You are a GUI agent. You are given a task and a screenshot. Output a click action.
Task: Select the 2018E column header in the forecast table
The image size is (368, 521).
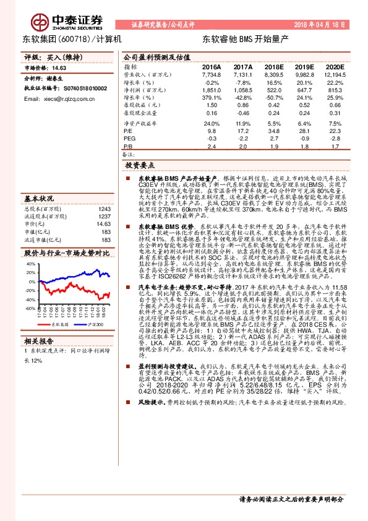click(x=274, y=66)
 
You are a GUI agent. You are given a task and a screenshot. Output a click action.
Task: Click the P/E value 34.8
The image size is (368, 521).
click(x=274, y=131)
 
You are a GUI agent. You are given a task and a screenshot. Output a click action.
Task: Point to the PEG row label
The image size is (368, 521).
click(x=129, y=139)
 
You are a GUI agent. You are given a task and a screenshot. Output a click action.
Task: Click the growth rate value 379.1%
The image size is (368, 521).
click(x=211, y=98)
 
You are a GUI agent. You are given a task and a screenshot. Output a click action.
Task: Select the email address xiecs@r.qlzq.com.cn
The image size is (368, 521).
click(x=62, y=99)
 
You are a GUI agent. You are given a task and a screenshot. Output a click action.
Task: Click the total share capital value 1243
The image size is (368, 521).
click(x=104, y=209)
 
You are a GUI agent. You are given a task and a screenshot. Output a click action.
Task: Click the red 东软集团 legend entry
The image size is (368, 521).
click(x=57, y=324)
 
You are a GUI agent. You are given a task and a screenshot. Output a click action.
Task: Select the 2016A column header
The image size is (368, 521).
click(x=211, y=66)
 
